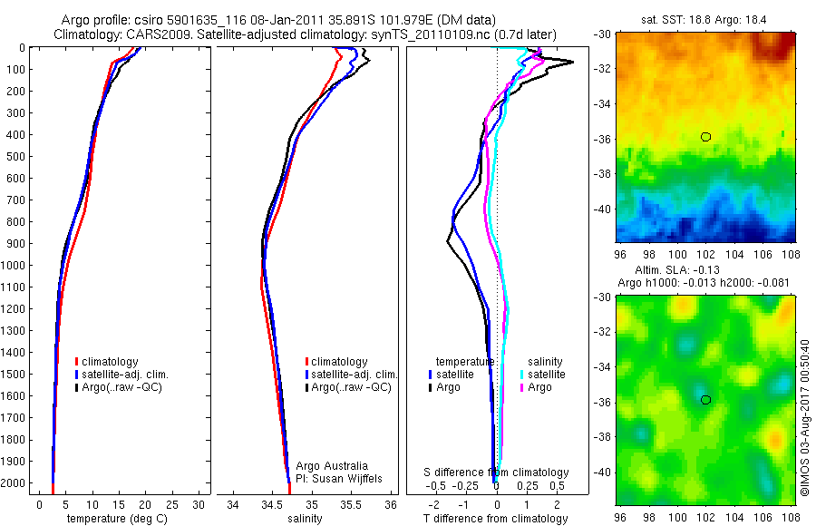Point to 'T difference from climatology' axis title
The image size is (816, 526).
[x=496, y=519]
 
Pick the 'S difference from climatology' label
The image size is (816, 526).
[x=496, y=472]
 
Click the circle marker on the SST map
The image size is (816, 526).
[x=705, y=137]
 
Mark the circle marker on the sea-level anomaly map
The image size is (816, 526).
[x=705, y=400]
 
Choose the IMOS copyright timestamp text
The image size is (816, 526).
[x=806, y=417]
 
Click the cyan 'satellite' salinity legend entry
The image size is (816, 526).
[x=547, y=374]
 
